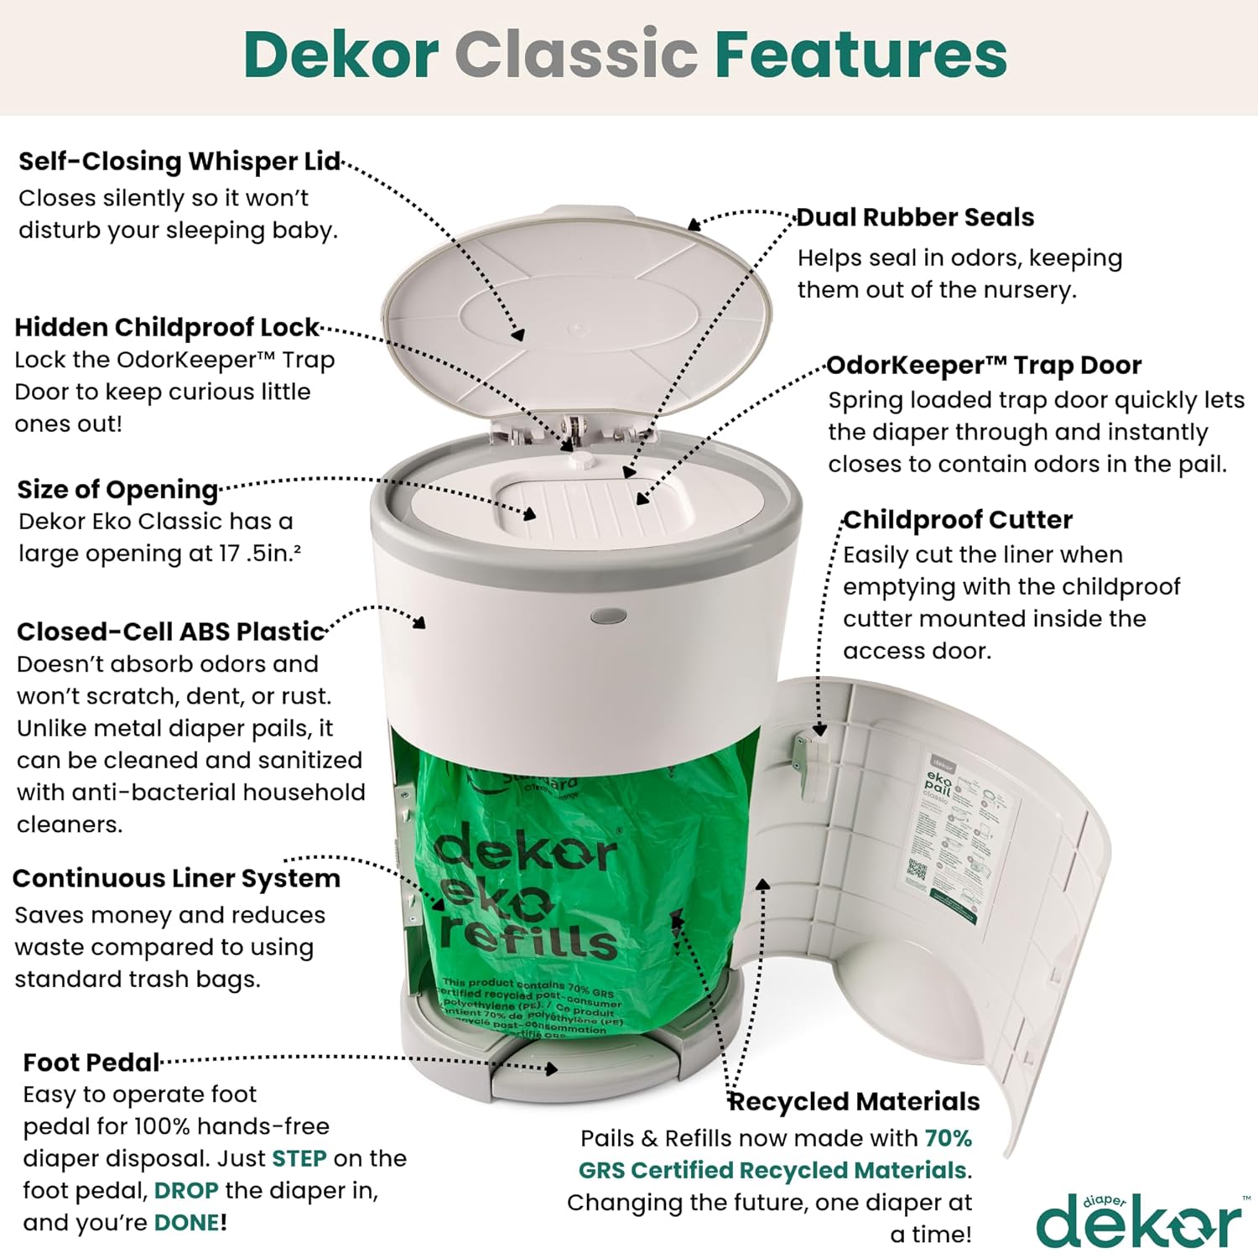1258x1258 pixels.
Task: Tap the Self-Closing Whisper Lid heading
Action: coord(179,161)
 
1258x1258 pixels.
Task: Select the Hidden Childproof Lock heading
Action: coord(167,326)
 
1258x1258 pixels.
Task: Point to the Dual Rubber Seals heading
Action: coord(915,217)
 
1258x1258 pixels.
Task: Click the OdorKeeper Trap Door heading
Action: coord(984,366)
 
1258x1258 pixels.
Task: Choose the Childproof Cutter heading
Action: coord(958,520)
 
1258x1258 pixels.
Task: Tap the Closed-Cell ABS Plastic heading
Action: coord(171,632)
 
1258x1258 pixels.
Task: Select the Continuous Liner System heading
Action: coord(177,878)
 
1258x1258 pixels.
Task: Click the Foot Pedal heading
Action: coord(91,1063)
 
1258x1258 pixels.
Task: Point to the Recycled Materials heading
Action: coord(854,1101)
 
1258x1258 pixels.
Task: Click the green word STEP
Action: coord(299,1158)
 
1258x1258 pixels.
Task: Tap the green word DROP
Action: coord(186,1190)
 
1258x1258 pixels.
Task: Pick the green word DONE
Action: coord(187,1223)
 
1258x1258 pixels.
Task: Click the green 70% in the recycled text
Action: coord(948,1138)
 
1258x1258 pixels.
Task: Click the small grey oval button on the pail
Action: coord(608,616)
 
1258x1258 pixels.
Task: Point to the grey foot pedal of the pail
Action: coord(579,1073)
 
